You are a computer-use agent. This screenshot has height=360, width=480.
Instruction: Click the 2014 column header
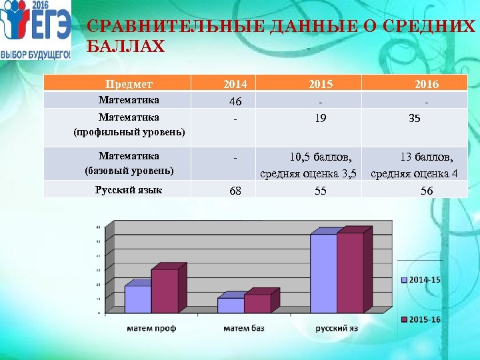click(235, 84)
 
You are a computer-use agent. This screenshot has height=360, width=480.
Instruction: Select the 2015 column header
click(321, 84)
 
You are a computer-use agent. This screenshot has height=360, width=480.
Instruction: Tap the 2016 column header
click(427, 84)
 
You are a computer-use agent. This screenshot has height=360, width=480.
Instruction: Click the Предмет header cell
click(130, 84)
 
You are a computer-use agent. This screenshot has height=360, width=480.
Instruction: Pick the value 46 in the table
click(235, 102)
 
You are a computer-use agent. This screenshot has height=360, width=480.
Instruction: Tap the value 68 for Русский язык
click(235, 191)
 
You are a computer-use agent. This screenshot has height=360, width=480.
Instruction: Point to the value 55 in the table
click(321, 190)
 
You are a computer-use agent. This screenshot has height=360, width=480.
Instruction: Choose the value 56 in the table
click(427, 190)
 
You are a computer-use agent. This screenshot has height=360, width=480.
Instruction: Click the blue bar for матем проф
click(137, 299)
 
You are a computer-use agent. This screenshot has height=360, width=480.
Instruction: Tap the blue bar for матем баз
click(231, 305)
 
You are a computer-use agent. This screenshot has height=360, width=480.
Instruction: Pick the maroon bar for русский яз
click(349, 273)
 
